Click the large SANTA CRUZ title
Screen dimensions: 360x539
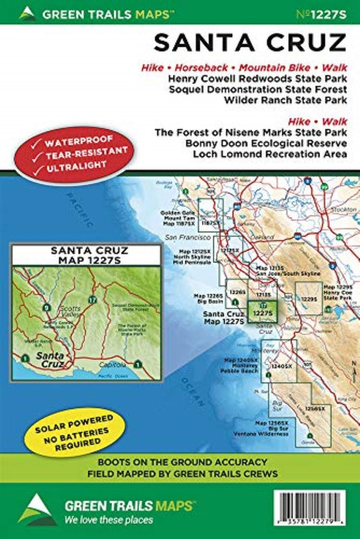(249, 42)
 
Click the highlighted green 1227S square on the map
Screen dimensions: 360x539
(261, 311)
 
